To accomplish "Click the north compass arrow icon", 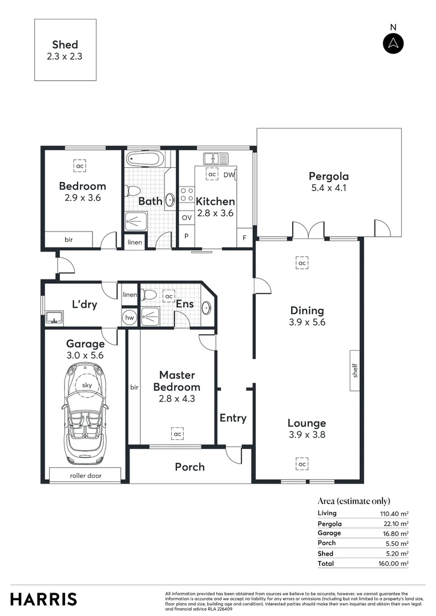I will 393,43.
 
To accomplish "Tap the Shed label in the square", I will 64,44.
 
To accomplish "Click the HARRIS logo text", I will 43,599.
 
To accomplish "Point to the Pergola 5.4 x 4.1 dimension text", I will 328,187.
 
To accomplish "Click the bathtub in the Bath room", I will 145,159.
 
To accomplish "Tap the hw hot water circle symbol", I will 130,318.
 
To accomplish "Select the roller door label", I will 85,475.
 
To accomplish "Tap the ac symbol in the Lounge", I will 301,464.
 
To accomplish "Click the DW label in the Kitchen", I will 229,175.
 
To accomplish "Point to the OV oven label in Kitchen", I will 187,217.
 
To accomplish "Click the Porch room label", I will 189,467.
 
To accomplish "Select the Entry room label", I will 233,418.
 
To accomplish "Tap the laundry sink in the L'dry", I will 55,317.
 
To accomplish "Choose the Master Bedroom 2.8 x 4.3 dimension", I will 177,399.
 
